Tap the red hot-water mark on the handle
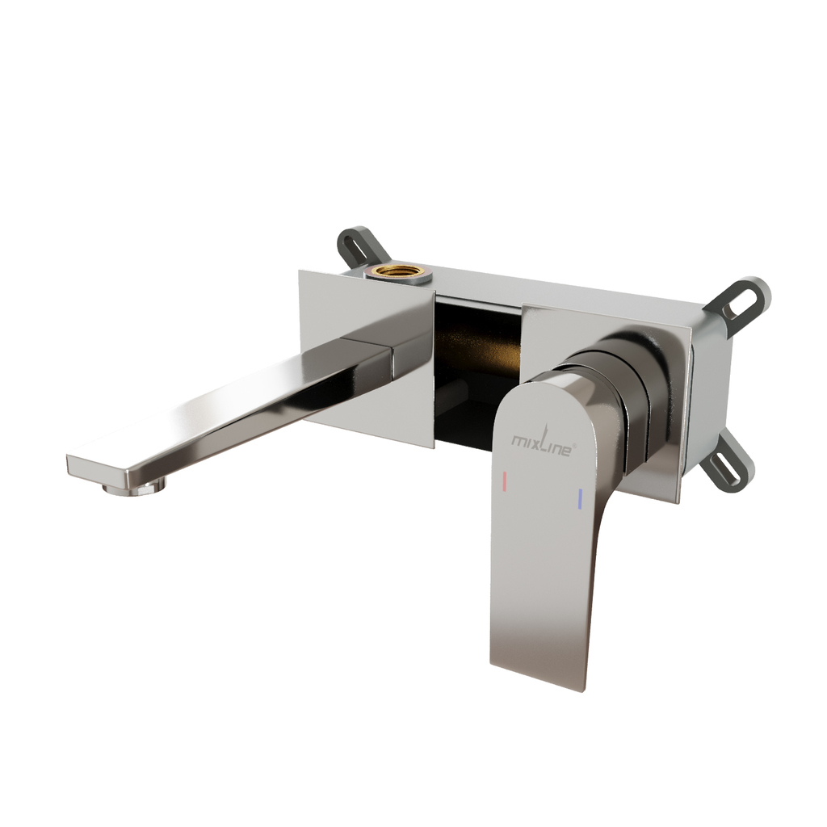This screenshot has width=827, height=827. (505, 481)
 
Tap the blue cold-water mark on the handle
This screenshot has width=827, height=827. (580, 499)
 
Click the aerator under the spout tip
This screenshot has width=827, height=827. (135, 489)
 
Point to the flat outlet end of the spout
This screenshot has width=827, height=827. (98, 468)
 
